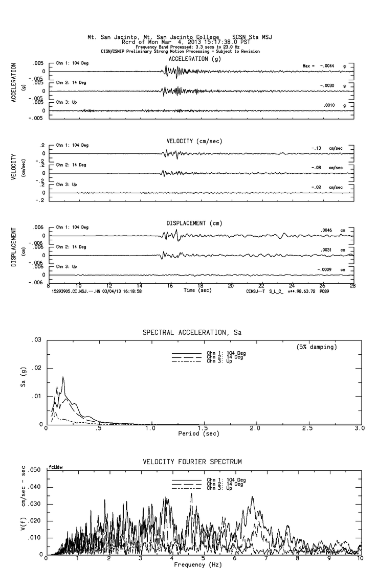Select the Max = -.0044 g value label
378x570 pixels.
click(325, 66)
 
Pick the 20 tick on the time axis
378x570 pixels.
click(231, 285)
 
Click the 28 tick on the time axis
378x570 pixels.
click(352, 285)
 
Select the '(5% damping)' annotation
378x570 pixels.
click(317, 347)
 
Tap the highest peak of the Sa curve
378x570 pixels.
click(63, 377)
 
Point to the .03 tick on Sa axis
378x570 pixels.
click(36, 340)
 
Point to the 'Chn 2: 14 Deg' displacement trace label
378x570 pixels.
click(72, 247)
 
